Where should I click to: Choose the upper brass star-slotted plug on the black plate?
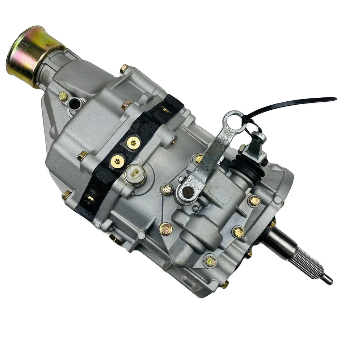134,143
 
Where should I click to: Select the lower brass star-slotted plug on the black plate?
117,160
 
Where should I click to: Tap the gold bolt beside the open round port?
63,96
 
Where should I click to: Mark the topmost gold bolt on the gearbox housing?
125,68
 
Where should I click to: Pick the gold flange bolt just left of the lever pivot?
167,189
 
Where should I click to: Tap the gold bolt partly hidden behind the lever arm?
199,159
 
